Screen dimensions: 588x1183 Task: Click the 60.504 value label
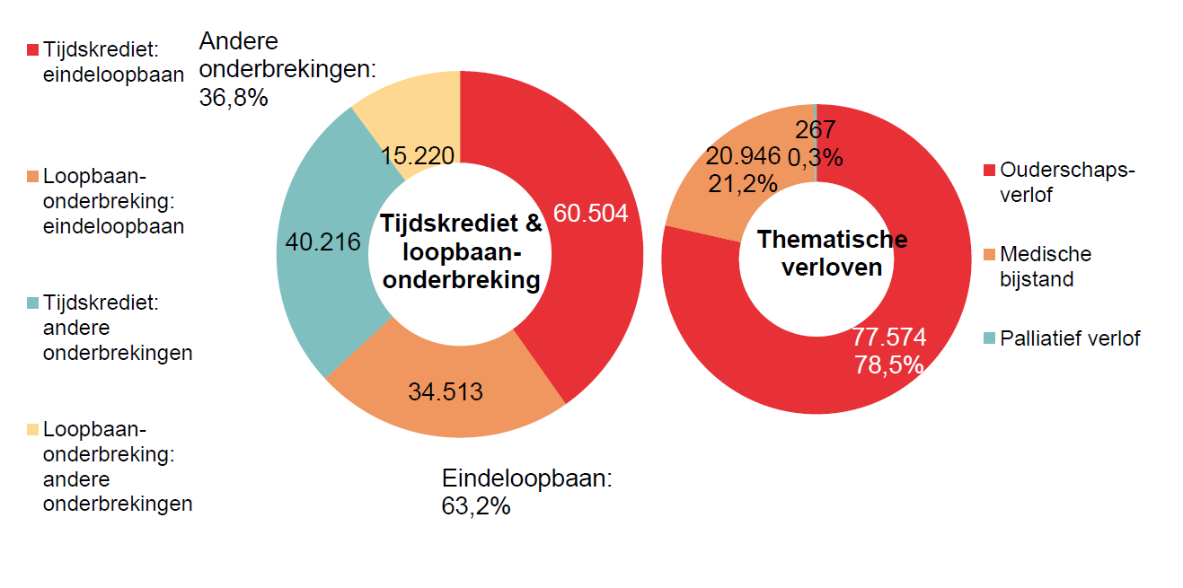[x=590, y=214]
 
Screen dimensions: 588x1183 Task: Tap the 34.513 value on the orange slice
[x=446, y=392]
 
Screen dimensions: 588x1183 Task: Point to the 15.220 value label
[x=417, y=155]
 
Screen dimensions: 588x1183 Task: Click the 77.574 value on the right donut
[x=889, y=338]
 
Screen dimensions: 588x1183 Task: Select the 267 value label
[x=815, y=131]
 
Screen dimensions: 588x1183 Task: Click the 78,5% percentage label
[x=889, y=364]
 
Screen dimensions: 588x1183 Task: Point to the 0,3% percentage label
[x=816, y=158]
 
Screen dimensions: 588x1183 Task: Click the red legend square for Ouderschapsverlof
[x=989, y=171]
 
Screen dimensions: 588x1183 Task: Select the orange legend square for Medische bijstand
[x=989, y=255]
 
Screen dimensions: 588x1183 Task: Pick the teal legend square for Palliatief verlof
[x=989, y=339]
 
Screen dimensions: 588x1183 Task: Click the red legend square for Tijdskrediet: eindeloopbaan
[x=33, y=49]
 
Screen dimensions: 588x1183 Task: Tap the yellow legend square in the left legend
[x=33, y=429]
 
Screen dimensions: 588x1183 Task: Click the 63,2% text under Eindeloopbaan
[x=476, y=506]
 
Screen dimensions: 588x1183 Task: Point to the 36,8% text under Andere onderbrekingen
[x=234, y=97]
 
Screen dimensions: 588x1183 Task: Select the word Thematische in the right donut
[x=832, y=240]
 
